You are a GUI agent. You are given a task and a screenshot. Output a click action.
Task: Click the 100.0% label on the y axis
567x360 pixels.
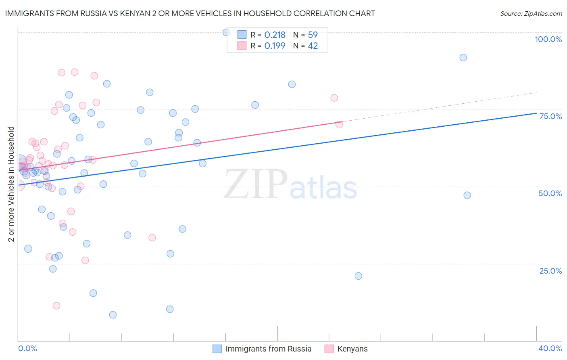548,39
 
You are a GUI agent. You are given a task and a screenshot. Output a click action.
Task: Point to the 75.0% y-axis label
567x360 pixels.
550,116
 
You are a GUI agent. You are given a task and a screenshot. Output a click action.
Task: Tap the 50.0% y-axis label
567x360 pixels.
550,193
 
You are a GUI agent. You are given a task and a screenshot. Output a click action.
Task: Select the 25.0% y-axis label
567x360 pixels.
550,271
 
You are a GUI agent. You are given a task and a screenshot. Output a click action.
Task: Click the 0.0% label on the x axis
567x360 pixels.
27,348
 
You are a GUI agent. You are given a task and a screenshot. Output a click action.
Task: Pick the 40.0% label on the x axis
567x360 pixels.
550,348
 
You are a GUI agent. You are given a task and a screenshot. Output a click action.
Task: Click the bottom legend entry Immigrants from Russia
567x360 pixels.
268,349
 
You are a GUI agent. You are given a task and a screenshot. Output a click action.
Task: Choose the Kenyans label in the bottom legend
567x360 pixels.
352,349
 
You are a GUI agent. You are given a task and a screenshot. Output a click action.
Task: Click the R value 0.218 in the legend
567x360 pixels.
275,35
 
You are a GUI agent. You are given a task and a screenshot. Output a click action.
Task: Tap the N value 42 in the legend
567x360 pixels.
313,46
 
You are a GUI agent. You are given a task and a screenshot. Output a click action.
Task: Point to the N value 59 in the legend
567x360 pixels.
313,35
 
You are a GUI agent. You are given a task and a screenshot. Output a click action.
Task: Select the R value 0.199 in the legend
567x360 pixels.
275,46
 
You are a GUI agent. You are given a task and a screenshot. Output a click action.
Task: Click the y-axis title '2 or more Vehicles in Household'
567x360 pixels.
11,184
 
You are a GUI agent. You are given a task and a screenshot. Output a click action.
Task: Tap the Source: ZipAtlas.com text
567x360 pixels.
531,13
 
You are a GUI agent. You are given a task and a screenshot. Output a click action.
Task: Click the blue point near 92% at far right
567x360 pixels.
463,58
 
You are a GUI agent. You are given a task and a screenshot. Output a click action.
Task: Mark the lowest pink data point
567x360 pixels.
56,306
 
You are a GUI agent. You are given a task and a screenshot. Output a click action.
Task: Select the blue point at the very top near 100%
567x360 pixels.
226,32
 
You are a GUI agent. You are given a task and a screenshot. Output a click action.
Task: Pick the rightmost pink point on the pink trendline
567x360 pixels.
339,124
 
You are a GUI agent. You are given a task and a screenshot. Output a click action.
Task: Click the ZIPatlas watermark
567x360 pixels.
290,185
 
